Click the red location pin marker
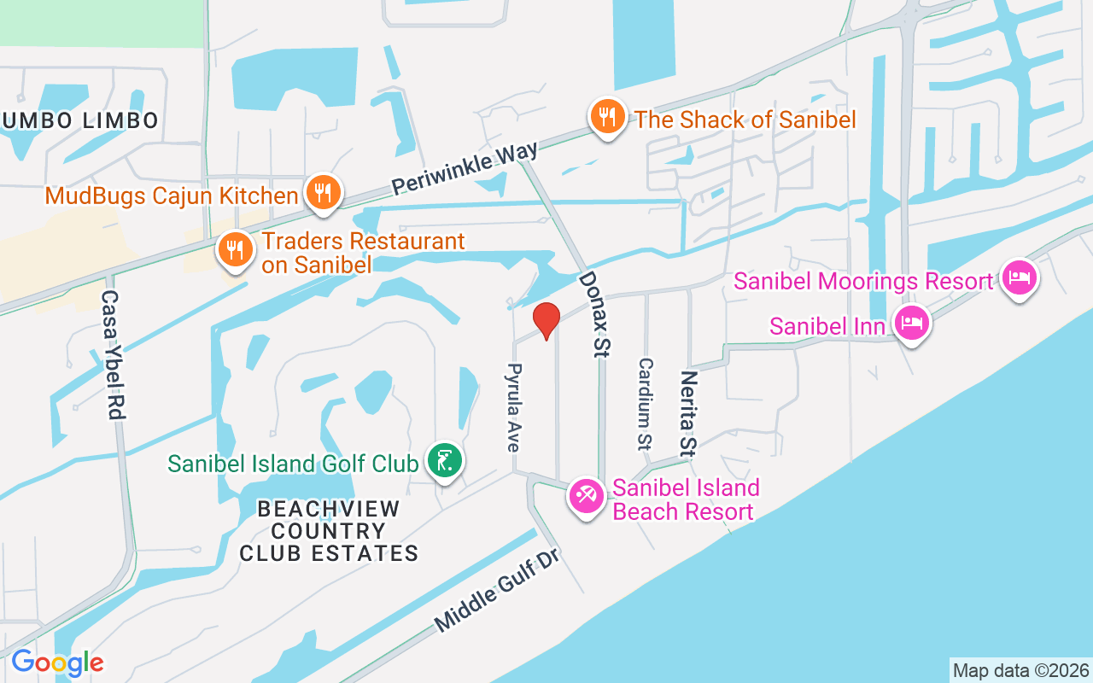pyautogui.click(x=546, y=321)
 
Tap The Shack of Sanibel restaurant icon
pyautogui.click(x=606, y=117)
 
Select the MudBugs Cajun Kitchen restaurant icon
pyautogui.click(x=322, y=193)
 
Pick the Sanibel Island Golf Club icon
pyautogui.click(x=444, y=462)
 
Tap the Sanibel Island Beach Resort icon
pyautogui.click(x=587, y=496)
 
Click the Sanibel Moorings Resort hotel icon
pyautogui.click(x=1020, y=278)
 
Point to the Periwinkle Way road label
pyautogui.click(x=465, y=166)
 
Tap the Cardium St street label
pyautogui.click(x=645, y=403)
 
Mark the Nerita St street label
pyautogui.click(x=688, y=413)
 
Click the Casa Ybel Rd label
pyautogui.click(x=113, y=354)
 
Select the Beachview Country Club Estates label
pyautogui.click(x=329, y=531)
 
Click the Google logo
pyautogui.click(x=57, y=663)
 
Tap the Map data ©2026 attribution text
pyautogui.click(x=1020, y=670)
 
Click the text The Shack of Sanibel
pyautogui.click(x=745, y=119)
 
